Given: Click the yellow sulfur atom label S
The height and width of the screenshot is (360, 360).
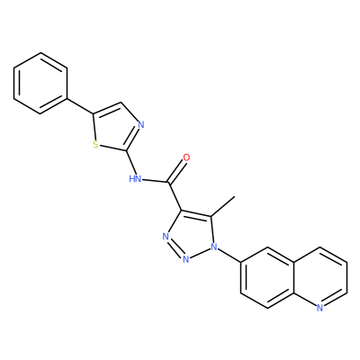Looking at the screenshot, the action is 95,145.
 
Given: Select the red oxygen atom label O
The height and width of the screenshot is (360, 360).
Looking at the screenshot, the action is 186,157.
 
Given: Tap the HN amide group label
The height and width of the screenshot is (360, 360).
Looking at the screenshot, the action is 135,179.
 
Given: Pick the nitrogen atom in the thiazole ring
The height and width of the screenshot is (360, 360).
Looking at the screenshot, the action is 141,124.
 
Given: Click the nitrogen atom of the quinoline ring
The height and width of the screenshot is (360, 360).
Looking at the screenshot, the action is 319,307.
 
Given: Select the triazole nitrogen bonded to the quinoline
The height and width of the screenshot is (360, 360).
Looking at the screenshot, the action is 214,247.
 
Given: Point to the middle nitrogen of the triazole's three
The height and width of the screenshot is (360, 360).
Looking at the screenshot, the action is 186,258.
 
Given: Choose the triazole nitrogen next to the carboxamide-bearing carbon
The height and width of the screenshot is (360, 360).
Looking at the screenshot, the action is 166,237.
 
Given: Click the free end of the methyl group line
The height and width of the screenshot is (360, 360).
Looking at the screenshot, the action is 235,197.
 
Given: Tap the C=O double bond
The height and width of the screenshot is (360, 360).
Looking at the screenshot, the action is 177,171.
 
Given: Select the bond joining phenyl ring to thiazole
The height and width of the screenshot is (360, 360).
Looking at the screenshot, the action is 80,106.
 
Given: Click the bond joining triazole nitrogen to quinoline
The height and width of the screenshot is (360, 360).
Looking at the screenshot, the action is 229,255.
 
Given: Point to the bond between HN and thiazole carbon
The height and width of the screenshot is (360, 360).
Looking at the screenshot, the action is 131,162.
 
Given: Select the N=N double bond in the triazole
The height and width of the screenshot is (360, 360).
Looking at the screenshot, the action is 175,248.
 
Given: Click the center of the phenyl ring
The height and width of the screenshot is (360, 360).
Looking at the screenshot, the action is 40,84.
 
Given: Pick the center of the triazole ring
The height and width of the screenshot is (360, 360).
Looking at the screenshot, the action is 192,234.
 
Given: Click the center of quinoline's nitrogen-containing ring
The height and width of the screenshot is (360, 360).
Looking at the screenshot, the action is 319,277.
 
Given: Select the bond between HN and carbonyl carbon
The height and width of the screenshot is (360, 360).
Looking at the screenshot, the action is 155,181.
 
